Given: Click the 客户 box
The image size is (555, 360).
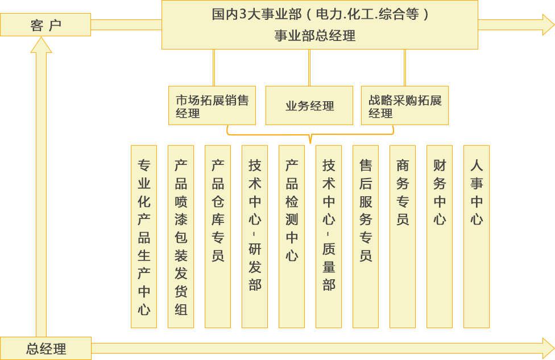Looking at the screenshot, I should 45,25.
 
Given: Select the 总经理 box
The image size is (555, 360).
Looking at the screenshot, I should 45,348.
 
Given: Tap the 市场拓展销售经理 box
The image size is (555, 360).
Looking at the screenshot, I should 212,105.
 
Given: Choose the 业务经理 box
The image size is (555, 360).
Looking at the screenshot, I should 309,105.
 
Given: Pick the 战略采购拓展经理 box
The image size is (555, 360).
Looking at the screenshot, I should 405,105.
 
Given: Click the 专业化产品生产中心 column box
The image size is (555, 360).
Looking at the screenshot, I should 144,237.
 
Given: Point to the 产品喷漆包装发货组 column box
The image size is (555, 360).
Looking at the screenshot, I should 181,237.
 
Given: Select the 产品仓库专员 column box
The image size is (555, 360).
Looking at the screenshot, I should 218,237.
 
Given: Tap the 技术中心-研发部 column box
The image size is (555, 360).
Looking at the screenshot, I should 255,237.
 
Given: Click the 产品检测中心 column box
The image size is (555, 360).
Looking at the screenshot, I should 292,237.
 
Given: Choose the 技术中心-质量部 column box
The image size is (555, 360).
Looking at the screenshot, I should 329,237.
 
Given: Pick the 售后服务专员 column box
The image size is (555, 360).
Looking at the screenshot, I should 366,237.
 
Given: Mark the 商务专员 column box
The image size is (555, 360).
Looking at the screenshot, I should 403,237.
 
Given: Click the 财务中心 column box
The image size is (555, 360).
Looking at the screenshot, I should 440,237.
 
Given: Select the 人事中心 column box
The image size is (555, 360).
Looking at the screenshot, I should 477,237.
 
